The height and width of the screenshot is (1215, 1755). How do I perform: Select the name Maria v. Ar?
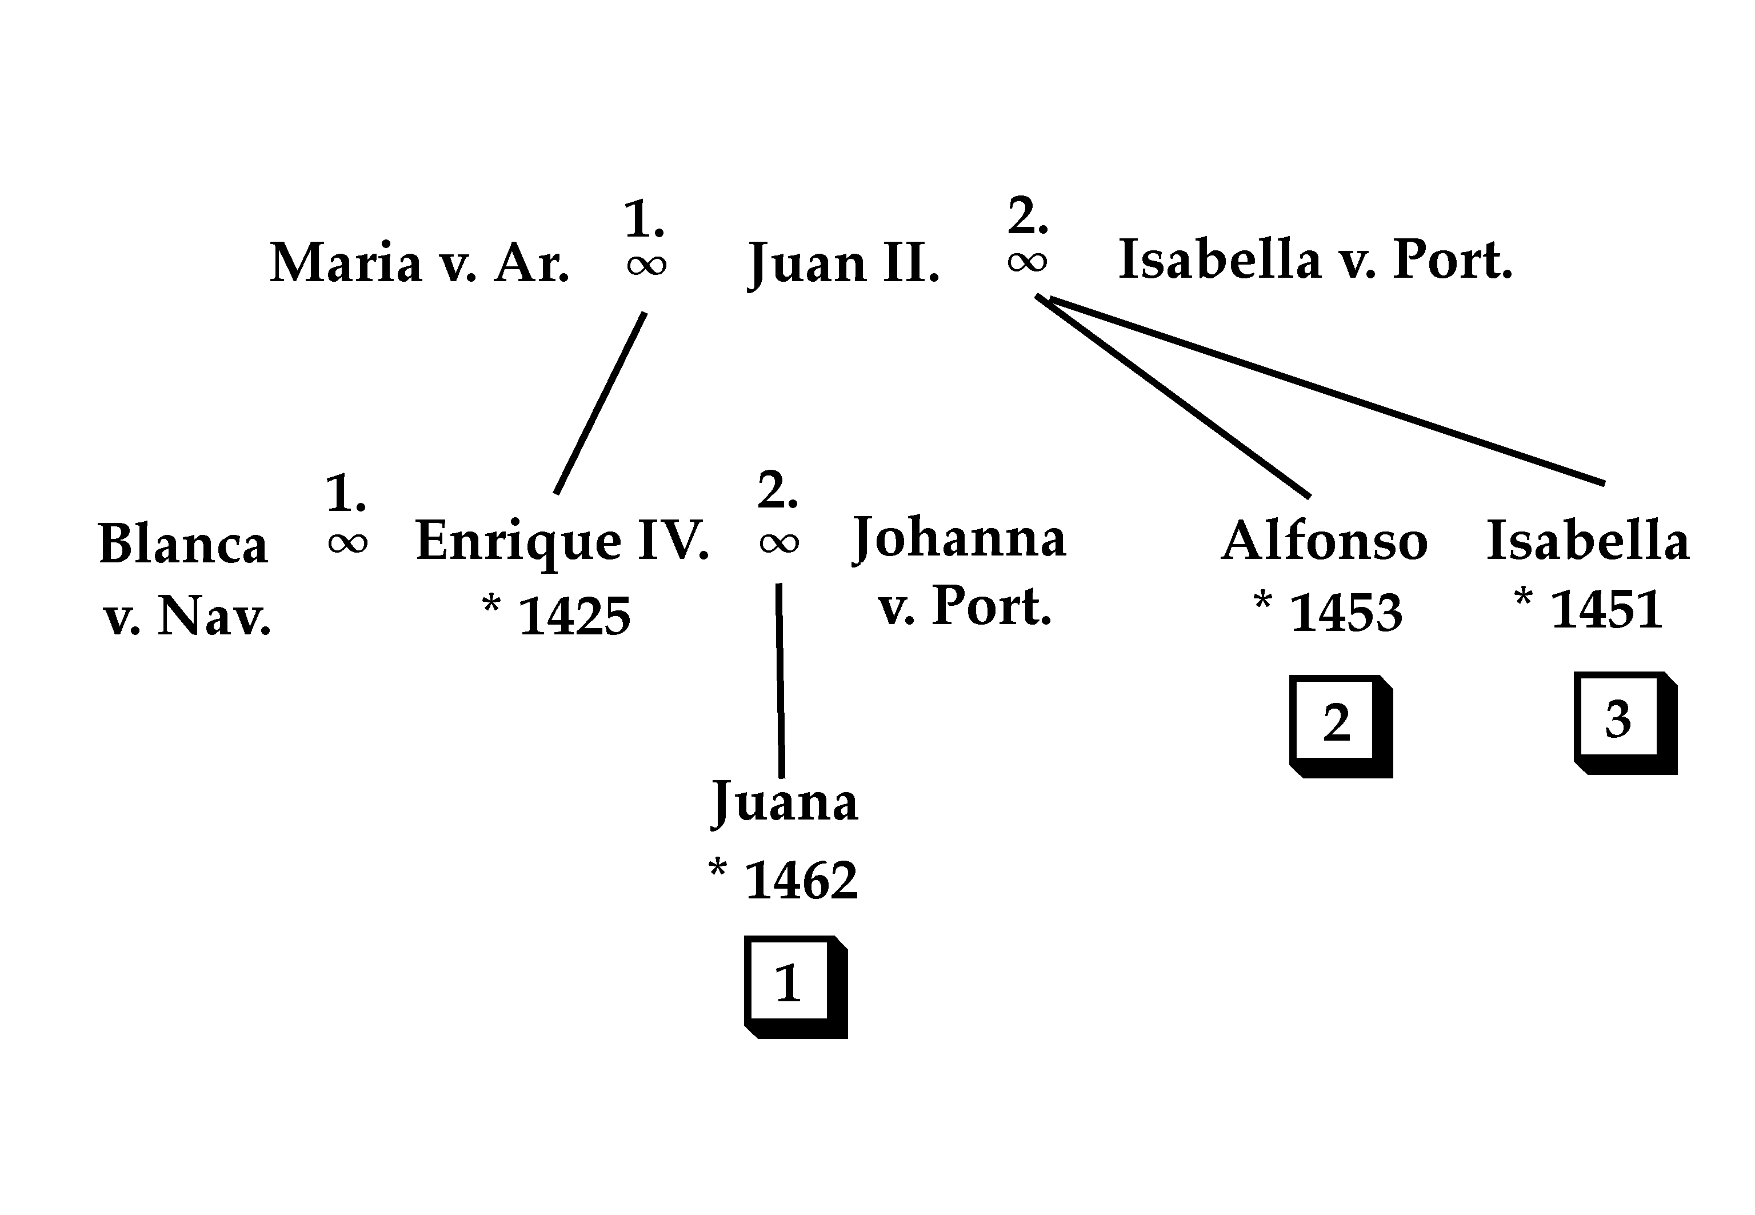(x=419, y=263)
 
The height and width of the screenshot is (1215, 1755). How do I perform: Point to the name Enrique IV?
(x=562, y=541)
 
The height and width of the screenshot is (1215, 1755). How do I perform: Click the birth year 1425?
(x=574, y=615)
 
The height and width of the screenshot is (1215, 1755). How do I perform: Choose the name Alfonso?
(x=1324, y=541)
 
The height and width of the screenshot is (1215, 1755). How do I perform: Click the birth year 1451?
(x=1606, y=609)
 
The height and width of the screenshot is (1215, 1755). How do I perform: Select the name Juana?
(x=784, y=802)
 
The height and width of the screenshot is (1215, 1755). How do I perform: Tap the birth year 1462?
(x=801, y=881)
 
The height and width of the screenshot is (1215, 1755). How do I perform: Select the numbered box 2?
(x=1340, y=725)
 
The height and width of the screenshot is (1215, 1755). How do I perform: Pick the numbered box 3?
(x=1624, y=722)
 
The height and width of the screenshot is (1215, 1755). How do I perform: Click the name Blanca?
(x=183, y=544)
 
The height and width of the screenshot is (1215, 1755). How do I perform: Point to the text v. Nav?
(x=187, y=615)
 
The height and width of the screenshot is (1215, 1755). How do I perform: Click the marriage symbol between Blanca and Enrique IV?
(x=348, y=543)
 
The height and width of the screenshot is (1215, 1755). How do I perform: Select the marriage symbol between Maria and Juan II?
(x=646, y=265)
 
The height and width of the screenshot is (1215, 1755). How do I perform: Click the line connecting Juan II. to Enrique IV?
(x=601, y=403)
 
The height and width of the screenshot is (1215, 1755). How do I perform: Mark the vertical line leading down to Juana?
(x=779, y=680)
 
